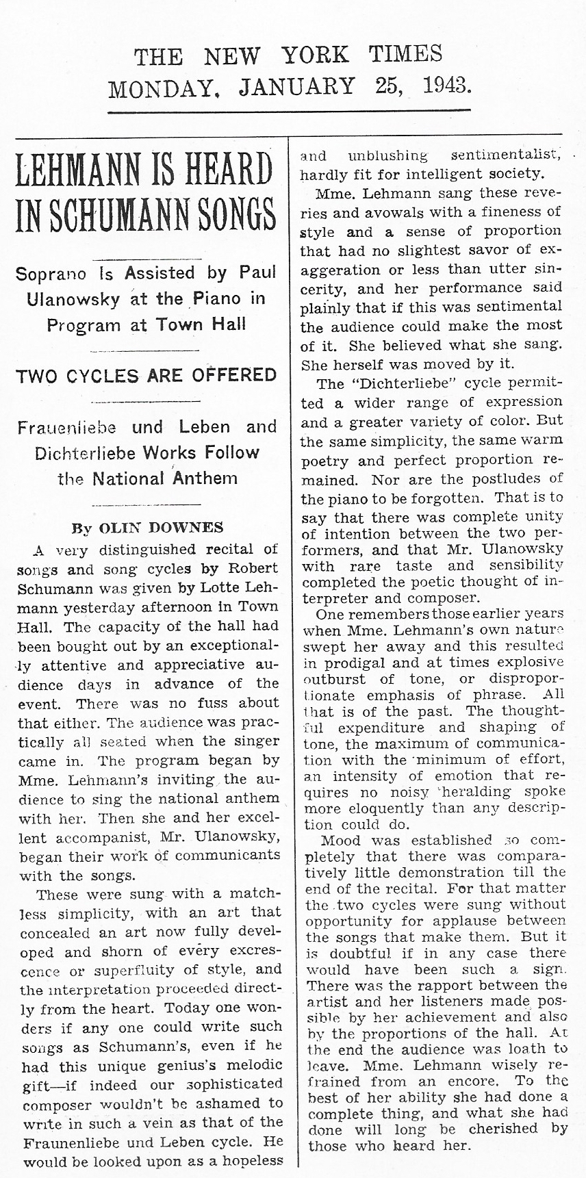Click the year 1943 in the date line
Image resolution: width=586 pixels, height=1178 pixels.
click(x=446, y=86)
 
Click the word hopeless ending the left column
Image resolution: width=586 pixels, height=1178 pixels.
click(x=249, y=1160)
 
